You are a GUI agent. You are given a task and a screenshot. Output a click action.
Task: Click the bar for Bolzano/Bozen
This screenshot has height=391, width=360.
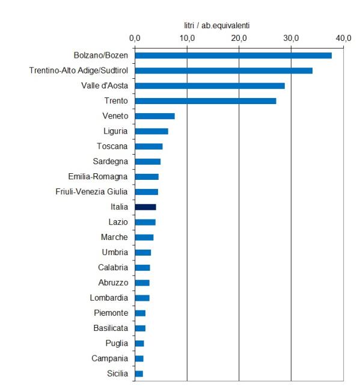(x=233, y=55)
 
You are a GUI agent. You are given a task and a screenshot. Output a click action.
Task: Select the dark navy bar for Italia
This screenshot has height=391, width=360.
(x=145, y=207)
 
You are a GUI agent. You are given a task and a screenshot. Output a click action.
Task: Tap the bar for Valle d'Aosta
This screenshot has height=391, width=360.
(x=210, y=86)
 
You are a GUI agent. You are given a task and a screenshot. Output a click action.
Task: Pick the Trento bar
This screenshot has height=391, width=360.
(x=206, y=101)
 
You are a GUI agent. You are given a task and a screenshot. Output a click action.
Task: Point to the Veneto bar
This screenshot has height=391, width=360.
(x=154, y=116)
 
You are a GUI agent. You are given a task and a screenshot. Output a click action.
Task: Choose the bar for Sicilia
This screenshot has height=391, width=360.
(x=139, y=374)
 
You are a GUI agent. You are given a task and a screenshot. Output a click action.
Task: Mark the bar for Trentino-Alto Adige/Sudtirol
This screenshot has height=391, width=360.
(x=224, y=70)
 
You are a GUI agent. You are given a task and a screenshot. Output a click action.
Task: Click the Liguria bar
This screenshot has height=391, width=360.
(x=151, y=131)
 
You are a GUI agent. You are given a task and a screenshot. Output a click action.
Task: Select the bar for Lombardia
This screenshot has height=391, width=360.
(x=142, y=298)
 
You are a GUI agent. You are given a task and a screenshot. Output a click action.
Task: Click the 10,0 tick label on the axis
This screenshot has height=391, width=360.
(x=187, y=38)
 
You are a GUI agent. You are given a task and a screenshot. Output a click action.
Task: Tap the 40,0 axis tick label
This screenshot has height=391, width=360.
(x=343, y=38)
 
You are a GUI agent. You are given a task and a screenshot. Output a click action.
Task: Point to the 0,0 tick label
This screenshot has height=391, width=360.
(x=135, y=38)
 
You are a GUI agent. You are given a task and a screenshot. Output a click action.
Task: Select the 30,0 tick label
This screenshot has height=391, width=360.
(x=291, y=38)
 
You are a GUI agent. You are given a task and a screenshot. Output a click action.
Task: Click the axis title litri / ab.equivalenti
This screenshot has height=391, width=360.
(x=217, y=25)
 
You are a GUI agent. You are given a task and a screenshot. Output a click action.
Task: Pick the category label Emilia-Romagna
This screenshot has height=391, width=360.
(x=98, y=176)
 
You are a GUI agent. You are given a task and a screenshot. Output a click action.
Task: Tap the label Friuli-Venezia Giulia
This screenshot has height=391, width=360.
(x=92, y=192)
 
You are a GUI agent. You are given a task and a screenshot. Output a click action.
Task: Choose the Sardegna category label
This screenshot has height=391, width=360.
(x=111, y=162)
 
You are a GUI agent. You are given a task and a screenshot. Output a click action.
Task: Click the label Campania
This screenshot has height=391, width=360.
(x=109, y=359)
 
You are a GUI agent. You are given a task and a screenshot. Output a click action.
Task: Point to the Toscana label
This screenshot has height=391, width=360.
(x=112, y=146)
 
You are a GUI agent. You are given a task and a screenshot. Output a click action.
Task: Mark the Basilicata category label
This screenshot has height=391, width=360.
(x=111, y=328)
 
